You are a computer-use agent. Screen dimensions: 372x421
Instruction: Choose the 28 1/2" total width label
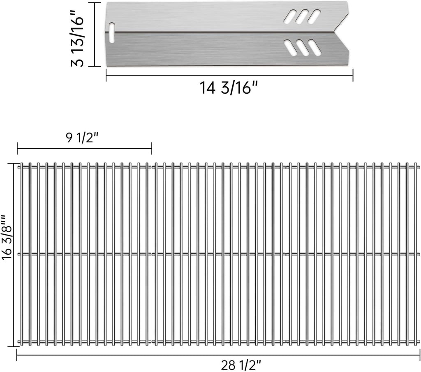coord(241,364)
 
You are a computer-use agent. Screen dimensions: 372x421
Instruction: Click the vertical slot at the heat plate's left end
coord(112,32)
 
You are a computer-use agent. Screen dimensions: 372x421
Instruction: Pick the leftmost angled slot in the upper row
coord(289,17)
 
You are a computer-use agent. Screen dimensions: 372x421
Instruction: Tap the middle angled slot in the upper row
coord(302,16)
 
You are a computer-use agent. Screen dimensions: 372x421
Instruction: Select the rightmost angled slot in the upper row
coord(315,16)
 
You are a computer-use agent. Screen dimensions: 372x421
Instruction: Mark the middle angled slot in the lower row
coord(303,49)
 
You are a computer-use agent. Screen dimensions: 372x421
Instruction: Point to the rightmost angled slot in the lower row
coord(315,48)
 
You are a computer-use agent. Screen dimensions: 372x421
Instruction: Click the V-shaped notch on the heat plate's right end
coord(340,31)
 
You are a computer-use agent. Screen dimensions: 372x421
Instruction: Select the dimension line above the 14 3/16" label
coord(229,75)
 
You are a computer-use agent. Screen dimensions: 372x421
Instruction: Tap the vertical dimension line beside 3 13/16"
coord(95,34)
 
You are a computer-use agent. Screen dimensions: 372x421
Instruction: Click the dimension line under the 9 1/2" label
coord(84,149)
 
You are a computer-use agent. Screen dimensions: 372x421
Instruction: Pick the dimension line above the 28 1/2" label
coord(218,355)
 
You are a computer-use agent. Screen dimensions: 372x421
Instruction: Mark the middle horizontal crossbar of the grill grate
coord(218,254)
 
